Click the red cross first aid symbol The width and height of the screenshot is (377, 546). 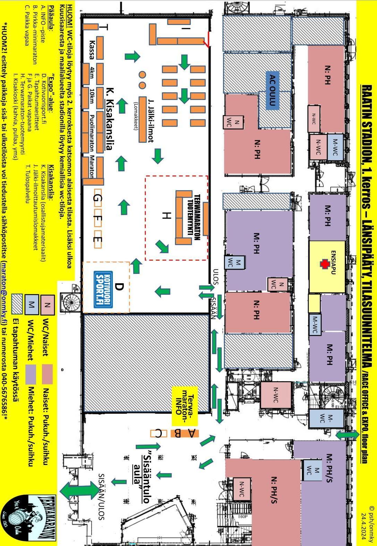pyautogui.click(x=325, y=264)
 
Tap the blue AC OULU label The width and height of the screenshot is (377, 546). pyautogui.click(x=273, y=90)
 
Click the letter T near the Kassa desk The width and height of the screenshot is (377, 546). pyautogui.click(x=104, y=28)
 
